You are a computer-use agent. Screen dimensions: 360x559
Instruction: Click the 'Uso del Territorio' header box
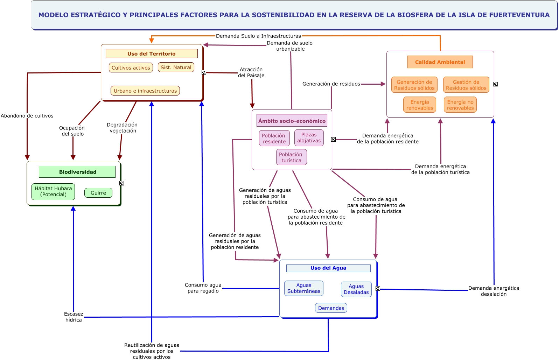tap(152, 54)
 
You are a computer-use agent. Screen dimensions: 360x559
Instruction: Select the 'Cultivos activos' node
tap(131, 68)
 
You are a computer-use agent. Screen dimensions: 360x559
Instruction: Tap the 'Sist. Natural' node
tap(176, 67)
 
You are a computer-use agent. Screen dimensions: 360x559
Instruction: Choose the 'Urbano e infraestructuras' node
tap(145, 91)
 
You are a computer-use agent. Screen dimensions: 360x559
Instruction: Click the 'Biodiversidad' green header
tap(77, 172)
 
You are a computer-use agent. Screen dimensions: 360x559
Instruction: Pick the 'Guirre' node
tap(98, 193)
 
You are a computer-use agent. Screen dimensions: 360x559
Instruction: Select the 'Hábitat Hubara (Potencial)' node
tap(53, 191)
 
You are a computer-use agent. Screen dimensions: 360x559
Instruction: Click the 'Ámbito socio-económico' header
tap(292, 121)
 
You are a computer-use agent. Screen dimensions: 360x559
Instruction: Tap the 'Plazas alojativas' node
tap(309, 137)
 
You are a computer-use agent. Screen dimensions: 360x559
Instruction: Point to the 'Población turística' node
tap(291, 157)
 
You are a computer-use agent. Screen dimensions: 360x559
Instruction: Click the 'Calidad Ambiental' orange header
tap(440, 62)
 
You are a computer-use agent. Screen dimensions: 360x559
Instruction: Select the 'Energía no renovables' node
tap(460, 105)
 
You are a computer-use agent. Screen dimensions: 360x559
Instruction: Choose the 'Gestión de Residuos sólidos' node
tap(466, 85)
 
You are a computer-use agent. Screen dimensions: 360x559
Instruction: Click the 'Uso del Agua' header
tap(328, 268)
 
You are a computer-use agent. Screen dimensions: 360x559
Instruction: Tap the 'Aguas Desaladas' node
tap(356, 289)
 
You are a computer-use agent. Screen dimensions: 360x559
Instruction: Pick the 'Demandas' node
tap(331, 308)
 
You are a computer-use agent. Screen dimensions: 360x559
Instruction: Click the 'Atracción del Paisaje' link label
tap(251, 72)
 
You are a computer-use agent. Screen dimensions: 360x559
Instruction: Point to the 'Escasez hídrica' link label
tap(74, 317)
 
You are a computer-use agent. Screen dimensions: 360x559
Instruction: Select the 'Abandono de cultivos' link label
tap(27, 115)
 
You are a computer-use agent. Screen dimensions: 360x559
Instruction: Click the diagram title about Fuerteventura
tap(294, 15)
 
